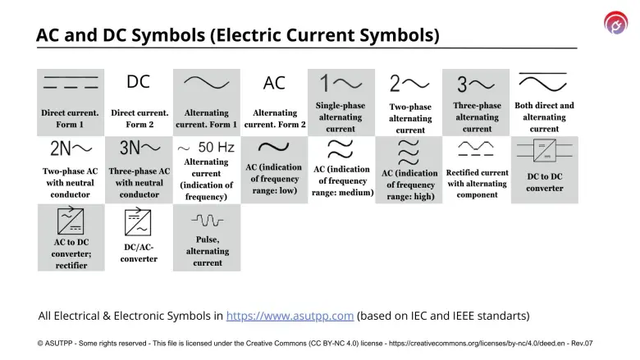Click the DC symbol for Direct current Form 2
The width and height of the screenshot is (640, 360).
138,82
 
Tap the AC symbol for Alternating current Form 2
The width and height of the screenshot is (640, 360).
274,83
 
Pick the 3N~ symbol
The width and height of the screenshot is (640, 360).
139,148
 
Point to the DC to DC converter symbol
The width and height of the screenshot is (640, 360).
545,151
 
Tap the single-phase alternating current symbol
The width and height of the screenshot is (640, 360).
341,83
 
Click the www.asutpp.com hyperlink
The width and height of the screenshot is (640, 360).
290,316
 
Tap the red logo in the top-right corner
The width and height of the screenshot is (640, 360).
615,23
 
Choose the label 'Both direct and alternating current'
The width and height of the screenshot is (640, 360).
544,117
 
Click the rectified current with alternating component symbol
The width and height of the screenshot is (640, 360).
477,149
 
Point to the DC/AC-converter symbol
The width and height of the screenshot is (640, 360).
138,222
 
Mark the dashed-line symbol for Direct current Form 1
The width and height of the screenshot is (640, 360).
71,82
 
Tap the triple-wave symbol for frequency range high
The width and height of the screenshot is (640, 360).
409,153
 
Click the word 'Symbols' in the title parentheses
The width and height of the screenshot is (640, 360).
397,35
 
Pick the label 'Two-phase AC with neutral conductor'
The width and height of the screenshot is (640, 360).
70,183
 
